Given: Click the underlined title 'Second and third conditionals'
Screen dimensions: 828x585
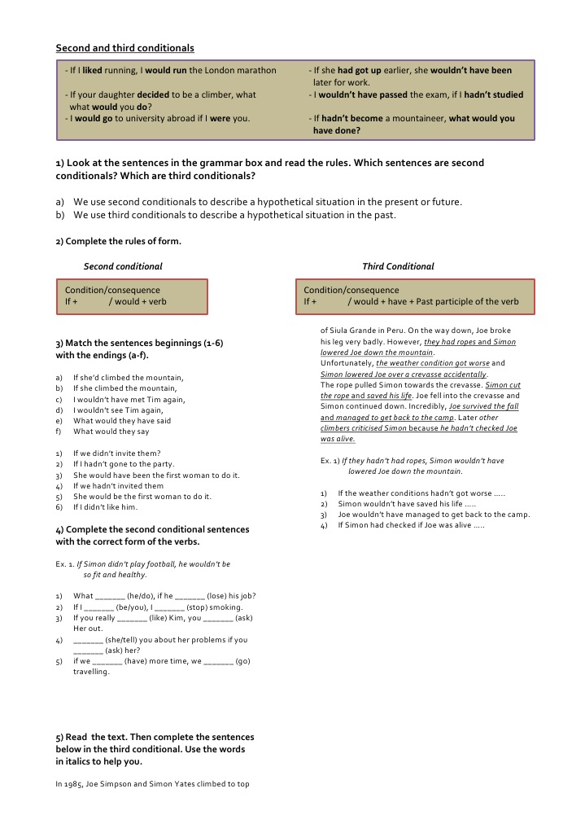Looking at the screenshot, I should tap(124, 48).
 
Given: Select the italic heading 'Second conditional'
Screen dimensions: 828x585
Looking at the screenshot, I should tap(123, 266).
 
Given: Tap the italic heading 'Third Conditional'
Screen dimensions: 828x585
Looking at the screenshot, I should tap(398, 266).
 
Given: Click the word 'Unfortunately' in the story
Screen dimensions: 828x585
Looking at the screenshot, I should tap(347, 363).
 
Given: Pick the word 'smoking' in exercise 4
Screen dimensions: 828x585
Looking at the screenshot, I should tap(225, 607).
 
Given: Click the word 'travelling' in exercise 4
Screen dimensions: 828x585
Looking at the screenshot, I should tap(90, 672).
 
